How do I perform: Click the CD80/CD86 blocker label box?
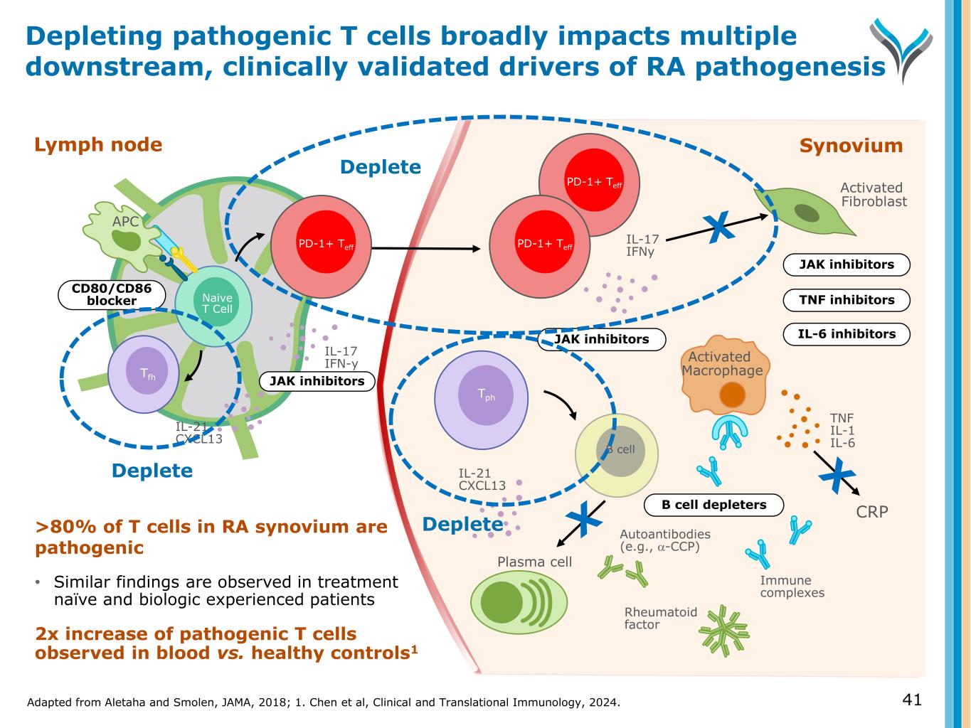click(x=111, y=294)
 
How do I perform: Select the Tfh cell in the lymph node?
click(x=147, y=374)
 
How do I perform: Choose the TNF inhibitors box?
click(x=846, y=300)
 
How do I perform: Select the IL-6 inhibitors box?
click(x=846, y=334)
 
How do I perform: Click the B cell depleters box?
click(x=713, y=505)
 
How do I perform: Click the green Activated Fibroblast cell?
click(x=804, y=210)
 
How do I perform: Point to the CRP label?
click(x=871, y=511)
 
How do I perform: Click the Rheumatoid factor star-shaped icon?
click(x=724, y=630)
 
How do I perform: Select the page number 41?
click(x=911, y=700)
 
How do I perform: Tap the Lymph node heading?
click(x=98, y=145)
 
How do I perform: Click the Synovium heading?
click(x=851, y=146)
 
